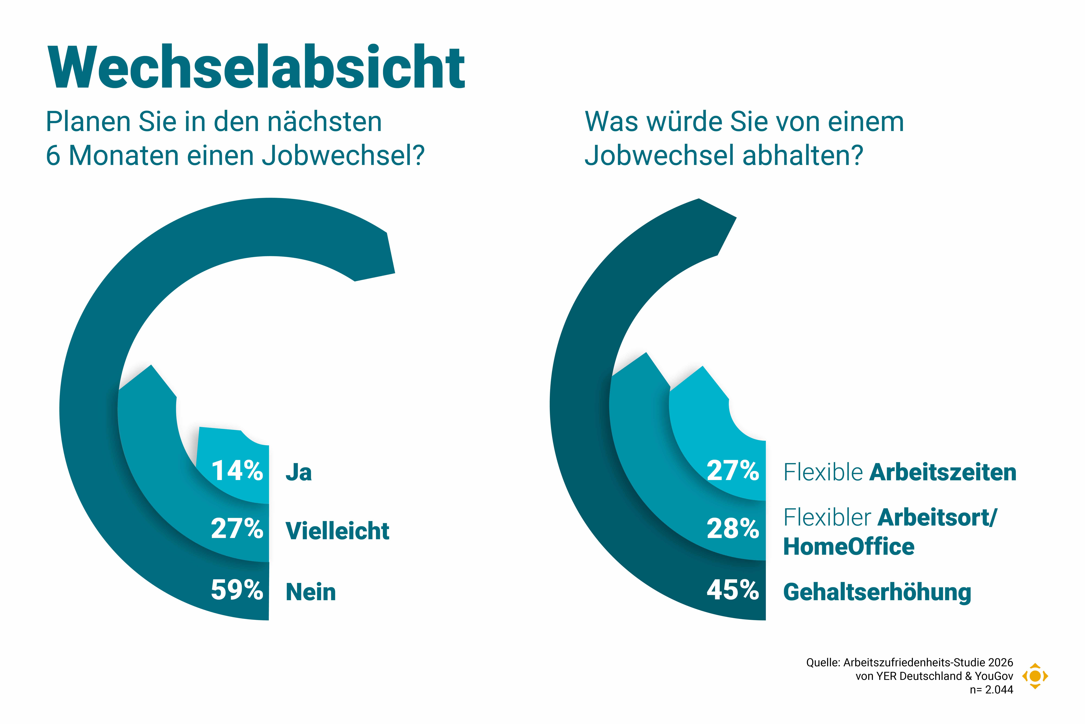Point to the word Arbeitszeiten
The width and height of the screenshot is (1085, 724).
point(943,472)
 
